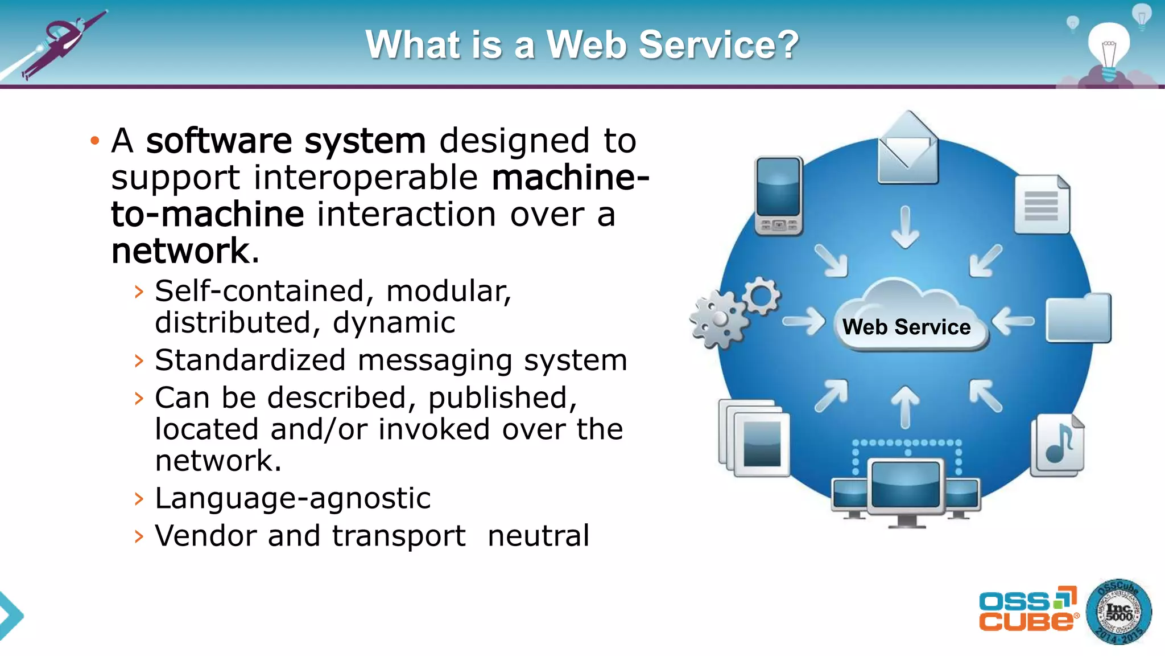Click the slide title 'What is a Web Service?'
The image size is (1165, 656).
click(582, 44)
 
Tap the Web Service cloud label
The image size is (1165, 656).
click(906, 327)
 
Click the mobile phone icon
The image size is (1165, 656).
click(778, 195)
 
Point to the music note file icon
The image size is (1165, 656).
click(1059, 445)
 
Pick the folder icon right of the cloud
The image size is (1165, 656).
click(1079, 319)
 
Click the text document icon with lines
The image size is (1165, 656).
click(1042, 204)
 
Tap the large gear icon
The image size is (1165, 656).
click(718, 319)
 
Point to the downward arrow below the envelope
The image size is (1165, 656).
click(905, 227)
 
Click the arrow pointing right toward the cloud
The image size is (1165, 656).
click(804, 321)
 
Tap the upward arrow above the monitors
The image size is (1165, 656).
click(905, 406)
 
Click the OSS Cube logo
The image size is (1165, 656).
click(1028, 610)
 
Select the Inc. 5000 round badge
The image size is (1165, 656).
click(1118, 612)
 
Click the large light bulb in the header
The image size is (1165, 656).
click(1109, 49)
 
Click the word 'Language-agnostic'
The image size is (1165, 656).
click(293, 498)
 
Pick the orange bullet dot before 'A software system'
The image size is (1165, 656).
click(95, 141)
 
